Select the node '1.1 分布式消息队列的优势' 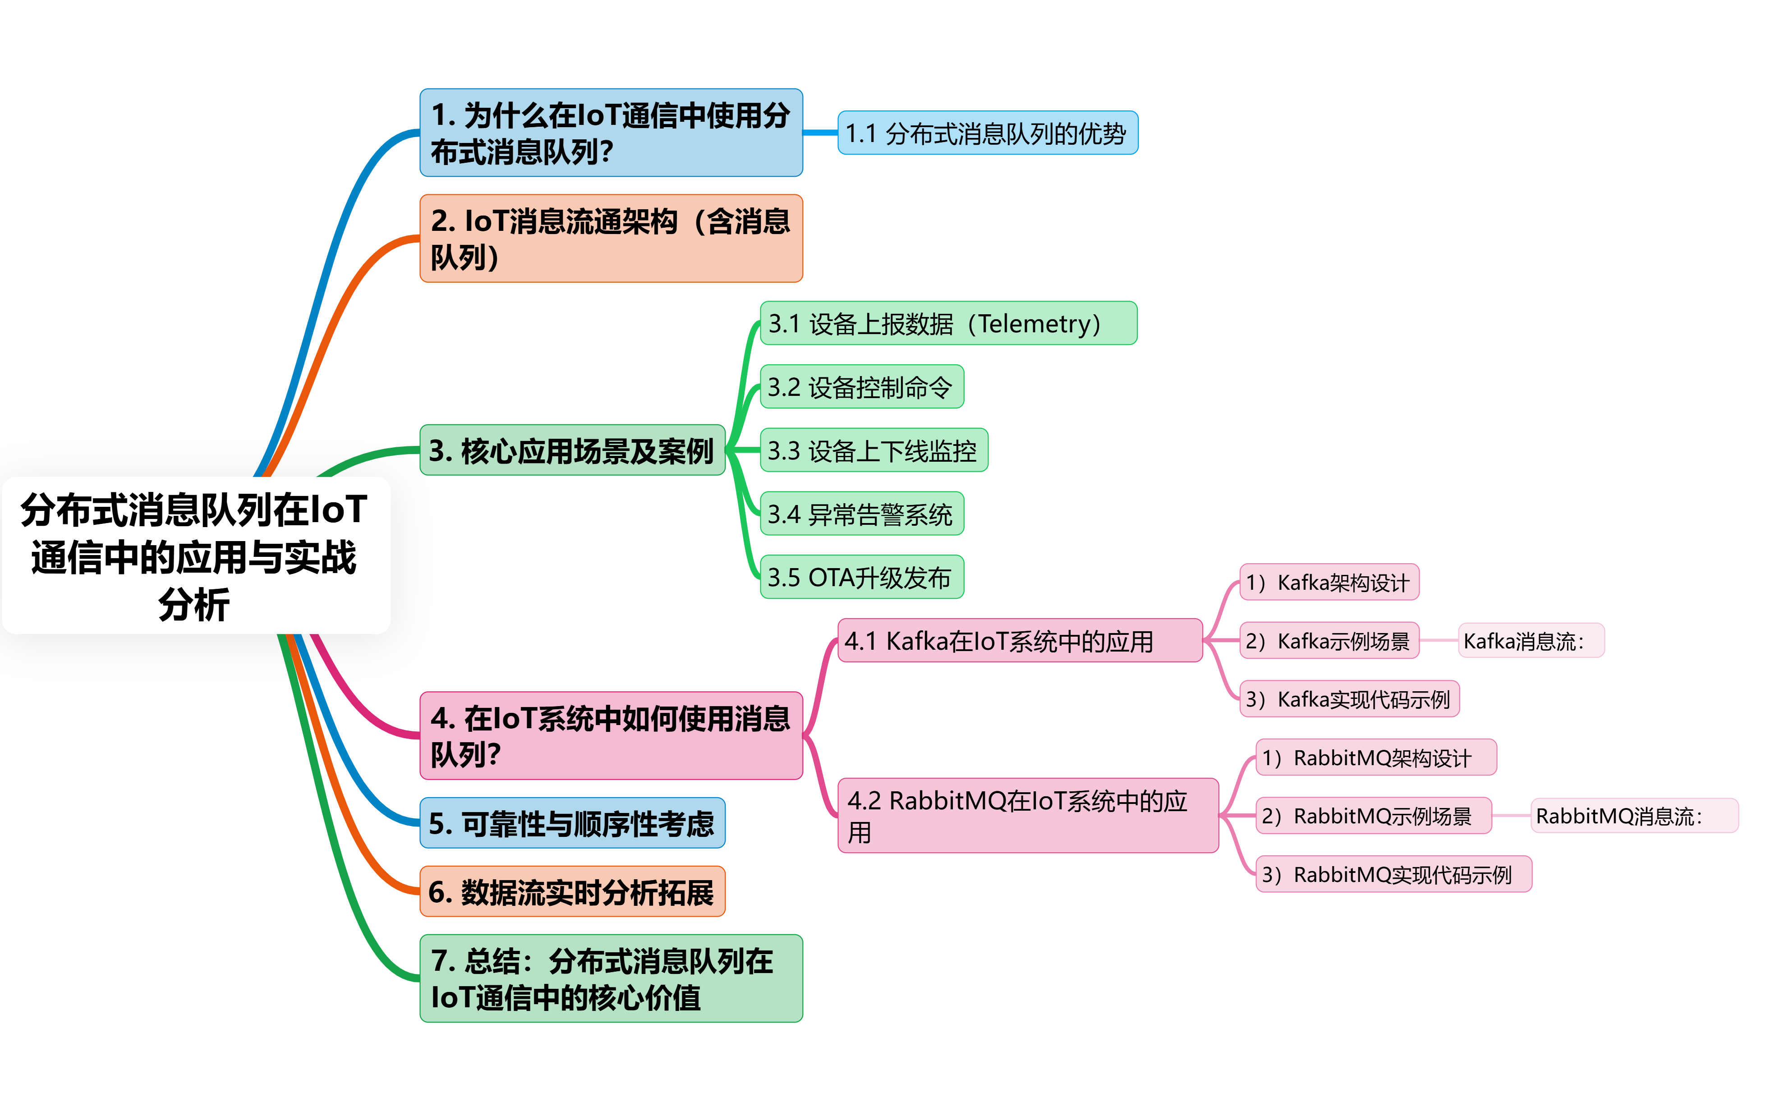(988, 133)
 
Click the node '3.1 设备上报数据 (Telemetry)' (948, 323)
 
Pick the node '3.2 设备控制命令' (861, 386)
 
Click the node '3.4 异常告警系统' (861, 514)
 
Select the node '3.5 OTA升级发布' (861, 578)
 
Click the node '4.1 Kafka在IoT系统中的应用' (1019, 641)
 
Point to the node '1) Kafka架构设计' (1328, 583)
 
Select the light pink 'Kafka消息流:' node (1530, 641)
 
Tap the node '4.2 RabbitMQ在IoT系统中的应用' (1027, 816)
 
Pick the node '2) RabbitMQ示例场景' (1372, 816)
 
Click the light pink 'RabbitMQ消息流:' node (1633, 816)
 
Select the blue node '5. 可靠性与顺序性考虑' (571, 823)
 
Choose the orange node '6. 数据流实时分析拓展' (571, 891)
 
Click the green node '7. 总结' (611, 978)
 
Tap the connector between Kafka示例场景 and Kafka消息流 (1439, 641)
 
